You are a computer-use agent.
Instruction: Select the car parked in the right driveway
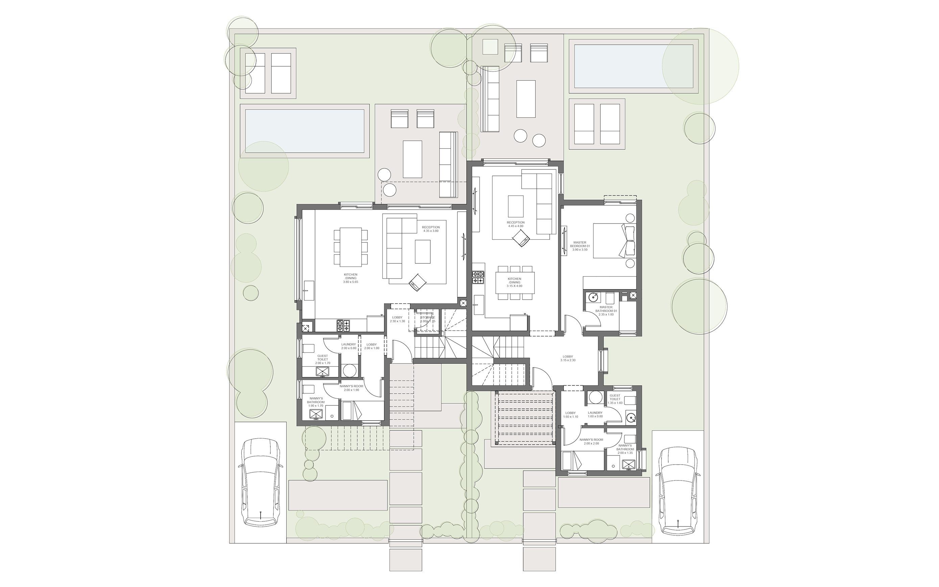tap(678, 491)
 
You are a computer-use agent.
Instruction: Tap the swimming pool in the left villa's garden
tap(304, 131)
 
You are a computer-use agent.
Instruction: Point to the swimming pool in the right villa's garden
tap(633, 66)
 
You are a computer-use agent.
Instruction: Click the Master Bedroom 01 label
tap(580, 246)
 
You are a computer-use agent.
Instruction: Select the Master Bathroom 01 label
tap(606, 311)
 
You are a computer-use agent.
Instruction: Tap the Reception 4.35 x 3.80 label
tap(431, 229)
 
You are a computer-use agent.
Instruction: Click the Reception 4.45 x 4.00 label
tap(515, 224)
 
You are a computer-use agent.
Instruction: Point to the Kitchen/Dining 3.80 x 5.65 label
tap(351, 278)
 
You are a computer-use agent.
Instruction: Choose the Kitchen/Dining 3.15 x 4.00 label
tap(514, 282)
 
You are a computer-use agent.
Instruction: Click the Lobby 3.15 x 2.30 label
tap(568, 358)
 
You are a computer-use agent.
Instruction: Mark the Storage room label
tap(428, 319)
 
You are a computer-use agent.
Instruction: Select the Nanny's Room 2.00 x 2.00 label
tap(591, 441)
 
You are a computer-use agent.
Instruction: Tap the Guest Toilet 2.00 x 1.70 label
tap(322, 359)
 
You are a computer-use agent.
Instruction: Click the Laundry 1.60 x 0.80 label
tap(595, 414)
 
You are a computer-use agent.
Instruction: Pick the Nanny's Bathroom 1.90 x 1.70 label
tap(315, 402)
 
